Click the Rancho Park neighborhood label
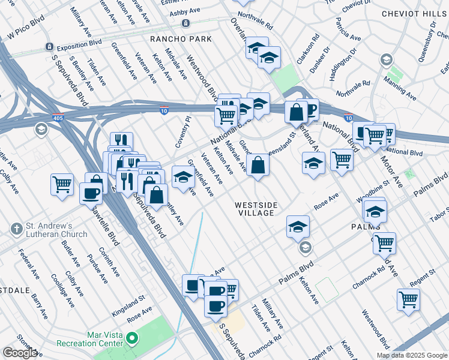(x=181, y=39)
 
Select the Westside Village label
(x=256, y=209)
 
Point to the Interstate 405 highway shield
(x=58, y=118)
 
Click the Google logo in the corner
(x=20, y=353)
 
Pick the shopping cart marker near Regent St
(x=408, y=299)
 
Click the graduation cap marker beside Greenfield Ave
(x=183, y=177)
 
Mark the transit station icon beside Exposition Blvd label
(x=49, y=47)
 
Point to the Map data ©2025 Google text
(x=411, y=355)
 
